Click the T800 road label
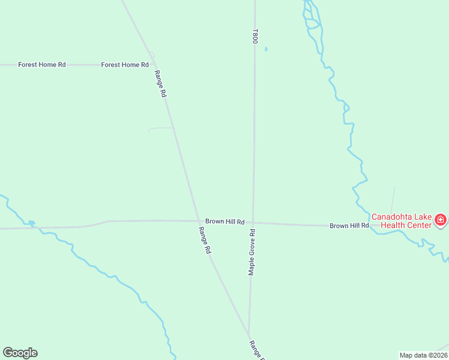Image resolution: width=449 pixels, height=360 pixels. (255, 35)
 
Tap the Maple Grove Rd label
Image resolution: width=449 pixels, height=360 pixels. (252, 252)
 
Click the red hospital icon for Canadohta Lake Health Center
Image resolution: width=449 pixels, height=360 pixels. (441, 220)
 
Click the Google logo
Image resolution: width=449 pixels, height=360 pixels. (20, 353)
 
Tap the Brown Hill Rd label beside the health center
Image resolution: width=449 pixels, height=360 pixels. (349, 226)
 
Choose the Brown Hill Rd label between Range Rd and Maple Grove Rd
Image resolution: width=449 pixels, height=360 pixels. (224, 221)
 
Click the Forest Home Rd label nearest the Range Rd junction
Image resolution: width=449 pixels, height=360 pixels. (125, 65)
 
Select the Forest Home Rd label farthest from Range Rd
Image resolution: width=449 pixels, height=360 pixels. (42, 65)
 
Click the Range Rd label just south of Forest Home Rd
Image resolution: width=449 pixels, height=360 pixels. (160, 84)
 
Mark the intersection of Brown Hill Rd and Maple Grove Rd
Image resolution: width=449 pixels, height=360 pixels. (253, 223)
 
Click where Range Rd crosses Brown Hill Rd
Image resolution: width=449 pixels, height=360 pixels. (199, 221)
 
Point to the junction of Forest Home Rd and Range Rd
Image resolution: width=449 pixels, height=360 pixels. (155, 64)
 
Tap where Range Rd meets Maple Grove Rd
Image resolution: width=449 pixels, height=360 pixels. (249, 336)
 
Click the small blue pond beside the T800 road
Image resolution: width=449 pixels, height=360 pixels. (266, 49)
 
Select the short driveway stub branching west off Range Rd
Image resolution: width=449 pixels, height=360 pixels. (160, 128)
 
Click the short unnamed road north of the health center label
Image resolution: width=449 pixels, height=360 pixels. (393, 200)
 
